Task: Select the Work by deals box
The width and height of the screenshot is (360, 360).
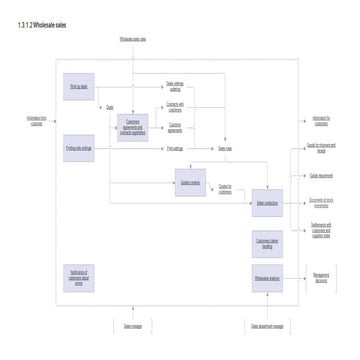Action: tap(78, 87)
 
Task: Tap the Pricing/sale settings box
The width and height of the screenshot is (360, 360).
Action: tap(78, 148)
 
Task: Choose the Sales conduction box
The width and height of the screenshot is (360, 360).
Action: tap(267, 204)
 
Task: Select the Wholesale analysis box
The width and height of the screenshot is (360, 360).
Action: tap(267, 277)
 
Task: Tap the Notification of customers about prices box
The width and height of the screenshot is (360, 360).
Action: tap(78, 276)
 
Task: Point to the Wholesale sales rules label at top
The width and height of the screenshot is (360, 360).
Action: tap(133, 39)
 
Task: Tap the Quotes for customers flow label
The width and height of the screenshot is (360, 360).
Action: tap(226, 187)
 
